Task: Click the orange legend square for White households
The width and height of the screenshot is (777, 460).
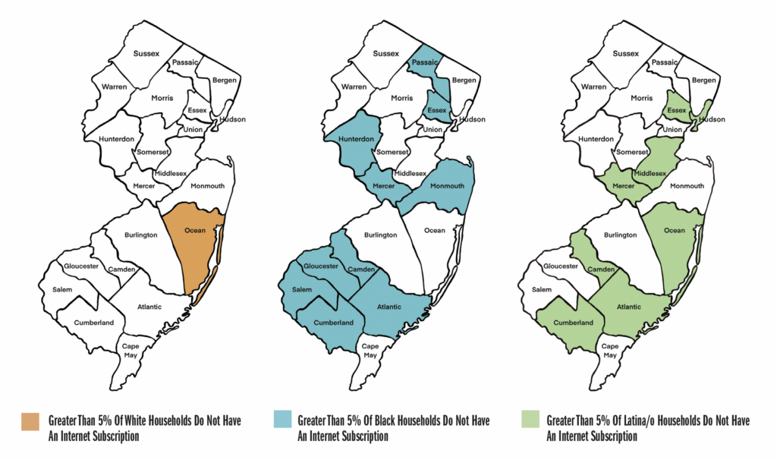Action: pyautogui.click(x=30, y=421)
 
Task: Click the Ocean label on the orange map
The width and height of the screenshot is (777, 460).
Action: pyautogui.click(x=195, y=230)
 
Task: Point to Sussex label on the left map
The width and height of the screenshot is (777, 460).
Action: pyautogui.click(x=145, y=53)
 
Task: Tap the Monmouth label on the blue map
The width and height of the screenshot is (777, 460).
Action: pyautogui.click(x=447, y=186)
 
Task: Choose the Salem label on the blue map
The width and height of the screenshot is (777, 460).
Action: pyautogui.click(x=302, y=289)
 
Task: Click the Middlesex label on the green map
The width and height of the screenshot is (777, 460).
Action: pyautogui.click(x=650, y=174)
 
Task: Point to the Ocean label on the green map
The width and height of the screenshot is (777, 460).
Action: pyautogui.click(x=673, y=230)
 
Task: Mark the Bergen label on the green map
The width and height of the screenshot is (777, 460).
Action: pyautogui.click(x=704, y=80)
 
